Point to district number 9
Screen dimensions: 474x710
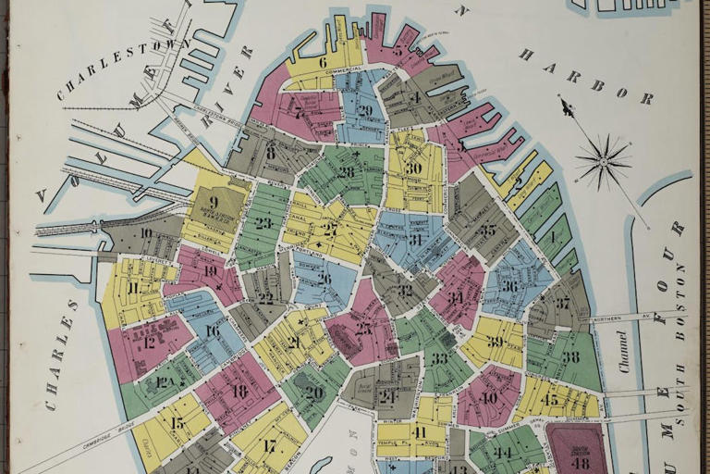pos(214,201)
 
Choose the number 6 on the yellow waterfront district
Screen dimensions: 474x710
pos(323,63)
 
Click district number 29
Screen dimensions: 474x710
pos(365,110)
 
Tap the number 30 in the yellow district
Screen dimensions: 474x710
pos(413,168)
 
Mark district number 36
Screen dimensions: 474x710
pos(509,286)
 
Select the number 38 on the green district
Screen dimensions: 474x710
pos(570,356)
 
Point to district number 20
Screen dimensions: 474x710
pos(314,392)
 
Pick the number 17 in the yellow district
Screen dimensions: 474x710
pos(269,445)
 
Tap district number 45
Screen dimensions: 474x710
pos(550,400)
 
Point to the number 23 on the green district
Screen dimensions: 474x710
pos(263,222)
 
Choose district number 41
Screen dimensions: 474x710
pos(420,432)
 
